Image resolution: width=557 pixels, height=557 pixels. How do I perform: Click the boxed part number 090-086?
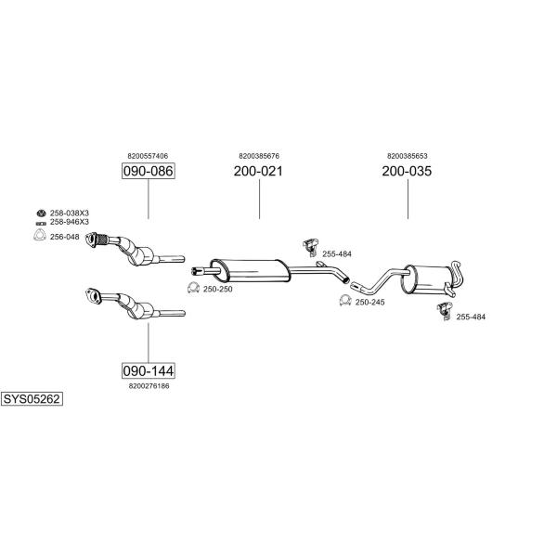[x=149, y=171]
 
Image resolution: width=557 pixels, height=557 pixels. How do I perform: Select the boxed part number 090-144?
[x=149, y=370]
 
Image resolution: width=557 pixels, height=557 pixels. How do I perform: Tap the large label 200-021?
[x=258, y=171]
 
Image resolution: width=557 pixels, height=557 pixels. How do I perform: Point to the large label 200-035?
[x=407, y=171]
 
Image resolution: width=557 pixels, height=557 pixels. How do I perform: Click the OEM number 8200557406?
[x=148, y=156]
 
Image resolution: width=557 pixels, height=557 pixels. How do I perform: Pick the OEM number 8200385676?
[x=259, y=156]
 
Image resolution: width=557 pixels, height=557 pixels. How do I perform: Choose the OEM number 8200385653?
[x=408, y=156]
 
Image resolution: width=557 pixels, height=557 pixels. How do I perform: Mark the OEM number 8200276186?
[x=149, y=386]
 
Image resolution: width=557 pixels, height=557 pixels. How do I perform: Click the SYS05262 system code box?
[x=32, y=399]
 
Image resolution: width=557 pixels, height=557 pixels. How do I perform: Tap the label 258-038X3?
[x=70, y=214]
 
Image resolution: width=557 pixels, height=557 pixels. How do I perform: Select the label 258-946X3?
[x=70, y=222]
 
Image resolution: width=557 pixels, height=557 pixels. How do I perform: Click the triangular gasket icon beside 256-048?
[x=40, y=235]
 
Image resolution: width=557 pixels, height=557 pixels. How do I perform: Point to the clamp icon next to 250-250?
[x=193, y=288]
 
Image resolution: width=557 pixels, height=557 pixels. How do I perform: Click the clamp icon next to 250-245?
[x=345, y=301]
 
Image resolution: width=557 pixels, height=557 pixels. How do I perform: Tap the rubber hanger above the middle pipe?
[x=310, y=247]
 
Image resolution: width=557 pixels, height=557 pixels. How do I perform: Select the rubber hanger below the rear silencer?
[x=445, y=310]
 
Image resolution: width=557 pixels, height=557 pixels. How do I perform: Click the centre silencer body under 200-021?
[x=251, y=271]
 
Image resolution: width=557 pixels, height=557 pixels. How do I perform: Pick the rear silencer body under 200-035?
[x=426, y=279]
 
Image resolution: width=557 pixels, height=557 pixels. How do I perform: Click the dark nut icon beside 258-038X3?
[x=41, y=214]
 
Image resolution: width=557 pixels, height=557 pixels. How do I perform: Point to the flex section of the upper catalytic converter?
[x=102, y=239]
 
